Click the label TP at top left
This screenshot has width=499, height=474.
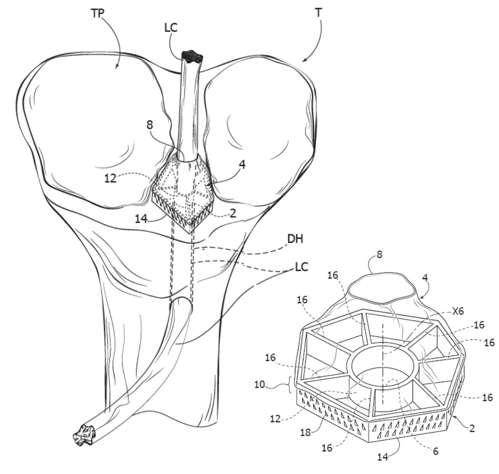[98, 13]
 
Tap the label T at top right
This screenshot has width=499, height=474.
[318, 13]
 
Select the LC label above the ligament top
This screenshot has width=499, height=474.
[171, 28]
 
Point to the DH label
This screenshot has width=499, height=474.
[295, 239]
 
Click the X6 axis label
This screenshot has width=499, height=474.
[458, 311]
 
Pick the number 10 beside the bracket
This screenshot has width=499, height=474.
[259, 385]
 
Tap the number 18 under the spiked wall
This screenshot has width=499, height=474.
[305, 433]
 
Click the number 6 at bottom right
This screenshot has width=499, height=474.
[436, 451]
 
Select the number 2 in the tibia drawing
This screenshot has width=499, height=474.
[233, 213]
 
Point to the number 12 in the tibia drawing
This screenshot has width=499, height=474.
[110, 179]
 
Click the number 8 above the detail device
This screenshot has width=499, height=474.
[379, 255]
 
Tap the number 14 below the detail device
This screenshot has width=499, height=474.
[383, 457]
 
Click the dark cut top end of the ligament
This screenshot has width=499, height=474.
[192, 56]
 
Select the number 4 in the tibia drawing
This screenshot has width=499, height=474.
[242, 165]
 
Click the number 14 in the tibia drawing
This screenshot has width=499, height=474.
[141, 219]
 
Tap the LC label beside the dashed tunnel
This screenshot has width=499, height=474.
[302, 267]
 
